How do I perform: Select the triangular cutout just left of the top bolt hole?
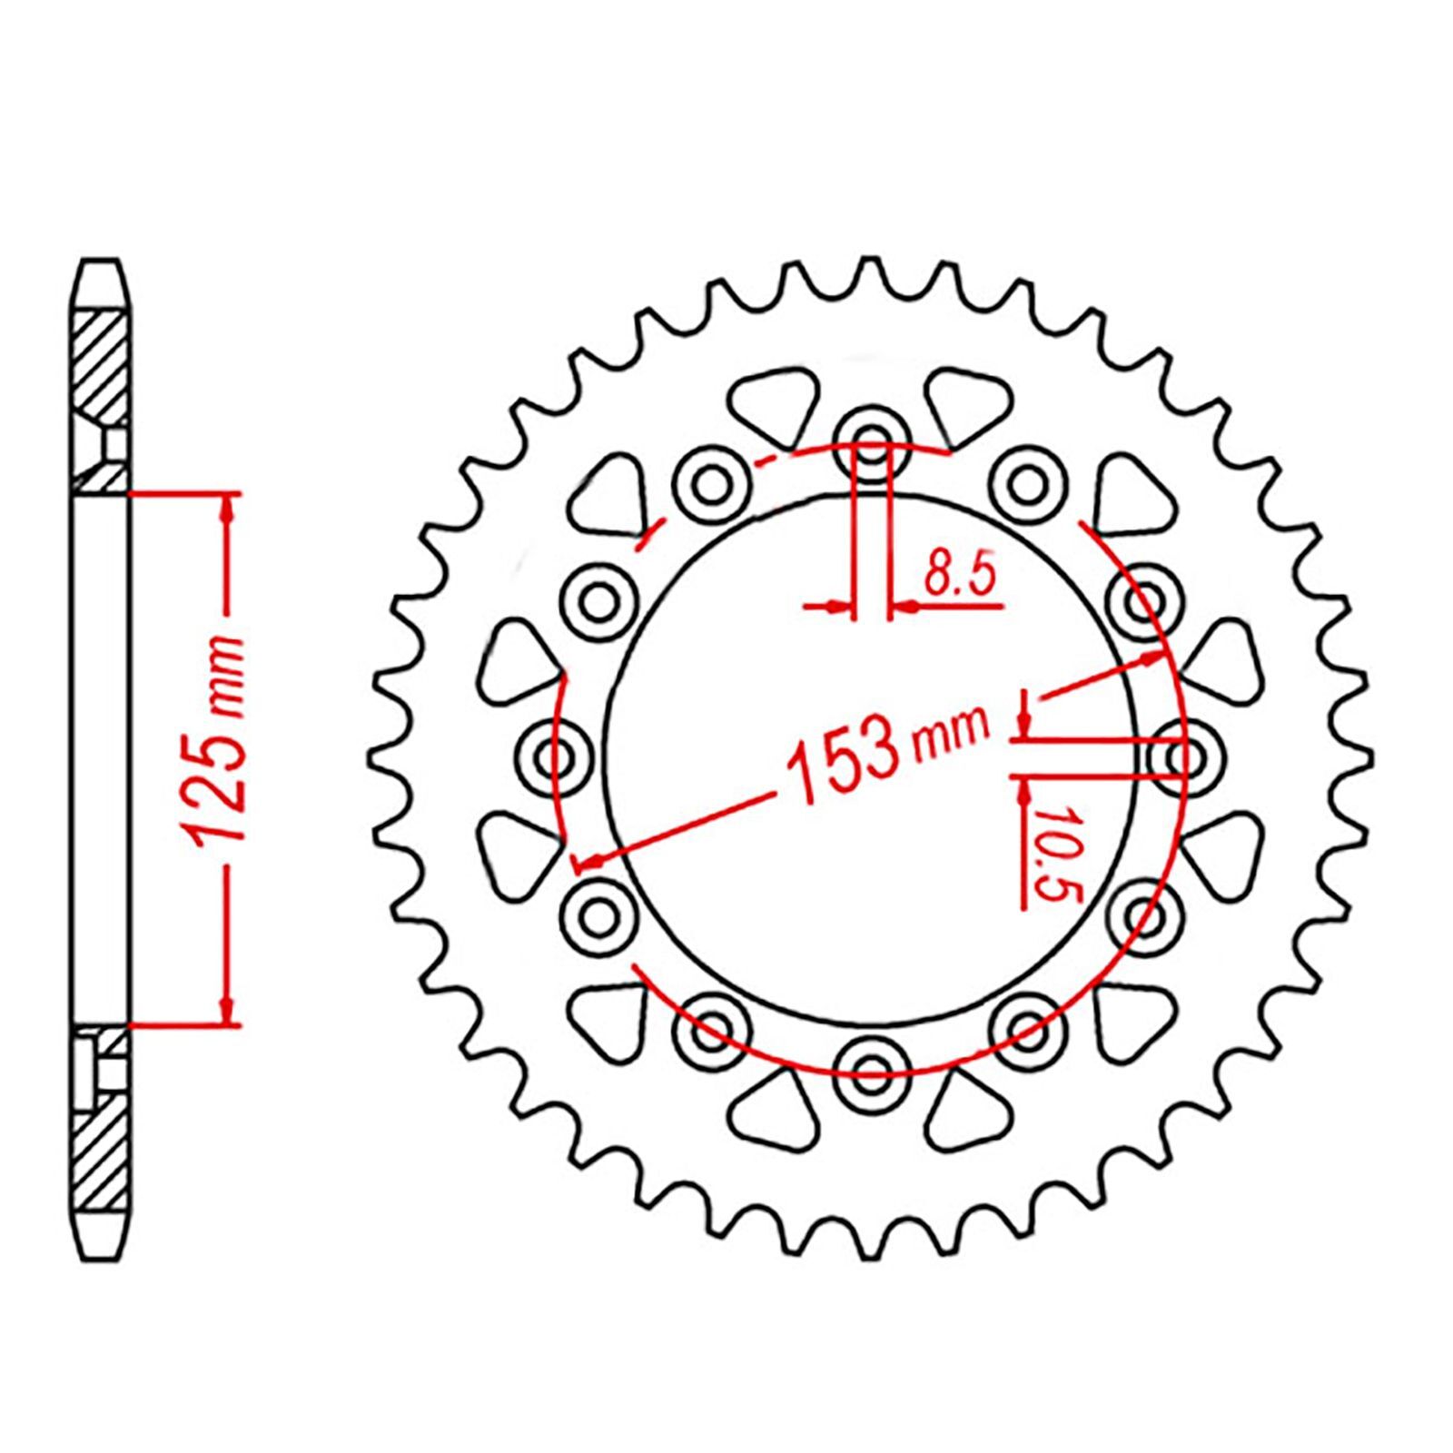(770, 400)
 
